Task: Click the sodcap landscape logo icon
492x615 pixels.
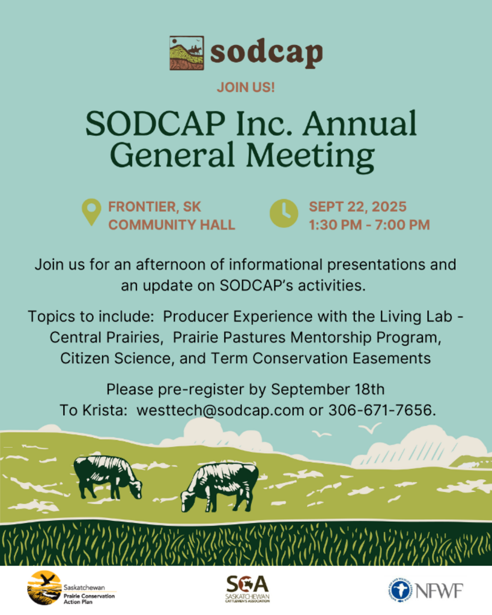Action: coord(187,53)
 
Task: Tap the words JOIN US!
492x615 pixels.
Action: coord(246,87)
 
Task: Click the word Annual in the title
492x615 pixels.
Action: coord(359,124)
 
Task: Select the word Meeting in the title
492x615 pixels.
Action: coord(310,155)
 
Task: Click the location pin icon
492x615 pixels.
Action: coord(91,212)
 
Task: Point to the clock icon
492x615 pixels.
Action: coord(284,213)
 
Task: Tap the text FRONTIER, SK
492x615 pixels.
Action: coord(154,207)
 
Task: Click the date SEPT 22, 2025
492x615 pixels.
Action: coord(357,207)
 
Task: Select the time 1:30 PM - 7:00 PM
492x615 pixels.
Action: coord(369,225)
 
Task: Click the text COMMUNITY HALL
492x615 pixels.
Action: coord(172,225)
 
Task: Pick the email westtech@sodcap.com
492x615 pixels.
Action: coord(220,410)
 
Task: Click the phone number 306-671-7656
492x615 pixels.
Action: coord(381,410)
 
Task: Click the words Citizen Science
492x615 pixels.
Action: coord(116,359)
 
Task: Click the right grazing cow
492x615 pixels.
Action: coord(220,486)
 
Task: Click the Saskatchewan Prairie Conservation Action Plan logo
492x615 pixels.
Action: coord(71,588)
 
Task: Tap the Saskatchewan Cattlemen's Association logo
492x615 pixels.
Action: coord(248,589)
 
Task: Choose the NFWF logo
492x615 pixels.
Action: coord(425,590)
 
